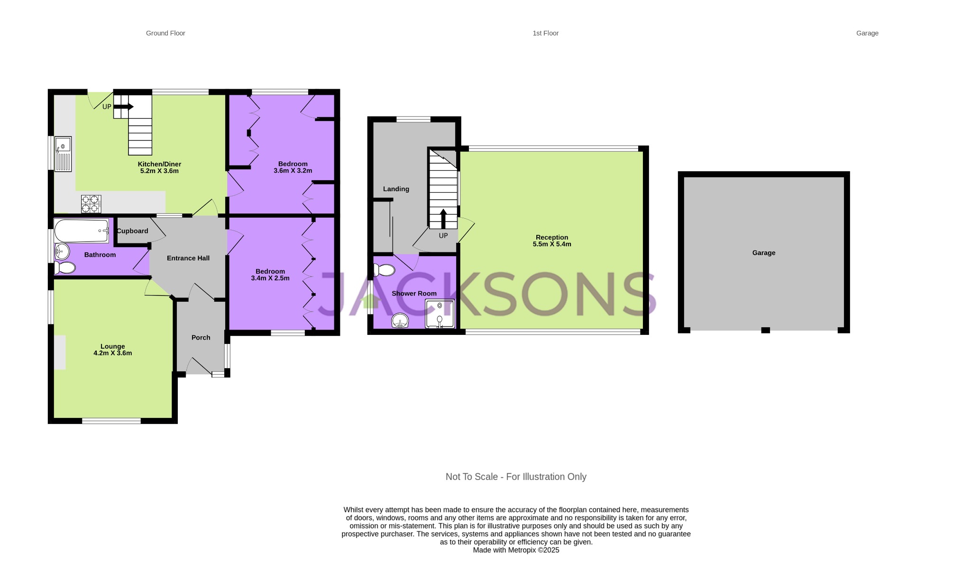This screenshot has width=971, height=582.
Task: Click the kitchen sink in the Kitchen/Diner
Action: click(x=63, y=153)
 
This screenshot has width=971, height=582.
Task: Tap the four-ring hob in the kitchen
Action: click(x=91, y=204)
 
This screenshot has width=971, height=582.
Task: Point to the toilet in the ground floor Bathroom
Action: click(x=65, y=268)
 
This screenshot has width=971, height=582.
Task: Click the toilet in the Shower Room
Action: click(x=384, y=270)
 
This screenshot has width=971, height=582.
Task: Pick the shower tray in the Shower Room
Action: click(x=440, y=314)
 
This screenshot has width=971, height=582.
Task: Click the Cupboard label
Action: click(x=132, y=231)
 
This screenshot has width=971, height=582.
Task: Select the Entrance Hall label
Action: click(x=188, y=258)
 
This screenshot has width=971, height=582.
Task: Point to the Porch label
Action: click(x=201, y=338)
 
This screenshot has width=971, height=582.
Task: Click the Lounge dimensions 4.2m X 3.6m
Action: click(x=113, y=353)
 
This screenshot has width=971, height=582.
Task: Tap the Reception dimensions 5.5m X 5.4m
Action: click(x=552, y=244)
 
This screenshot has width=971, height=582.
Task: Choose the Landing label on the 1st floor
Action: click(x=396, y=189)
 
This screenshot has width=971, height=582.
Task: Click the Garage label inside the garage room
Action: click(x=763, y=253)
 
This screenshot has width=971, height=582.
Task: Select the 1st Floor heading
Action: click(x=545, y=33)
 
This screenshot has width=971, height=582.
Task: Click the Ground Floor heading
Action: click(x=165, y=33)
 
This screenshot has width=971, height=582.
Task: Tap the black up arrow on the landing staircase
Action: click(x=443, y=219)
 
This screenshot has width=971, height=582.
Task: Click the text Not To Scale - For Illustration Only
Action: click(x=516, y=477)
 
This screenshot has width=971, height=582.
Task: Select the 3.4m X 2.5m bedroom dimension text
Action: click(x=270, y=278)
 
